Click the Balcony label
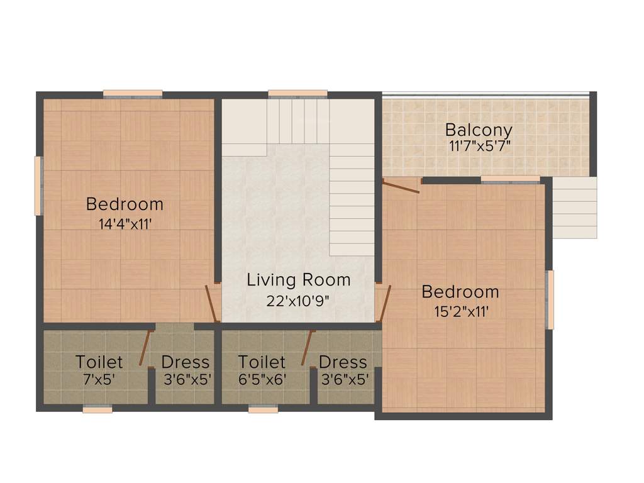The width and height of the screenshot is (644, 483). pos(479,130)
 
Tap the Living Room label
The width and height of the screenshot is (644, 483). pos(298,280)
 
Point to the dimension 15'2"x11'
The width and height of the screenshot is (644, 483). pos(460,311)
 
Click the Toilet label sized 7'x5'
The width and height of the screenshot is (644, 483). pos(99,362)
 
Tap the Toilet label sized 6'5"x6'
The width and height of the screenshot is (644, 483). pos(262,362)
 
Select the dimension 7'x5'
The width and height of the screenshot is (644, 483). pos(99,379)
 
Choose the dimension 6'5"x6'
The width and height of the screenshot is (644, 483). pos(262,379)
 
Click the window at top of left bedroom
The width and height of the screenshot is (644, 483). pos(133,94)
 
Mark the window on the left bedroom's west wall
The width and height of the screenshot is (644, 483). pos(38,186)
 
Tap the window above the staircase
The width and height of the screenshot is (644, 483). pos(297,94)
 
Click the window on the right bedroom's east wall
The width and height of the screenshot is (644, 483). pos(550,299)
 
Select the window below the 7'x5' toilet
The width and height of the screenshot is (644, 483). pos(97,409)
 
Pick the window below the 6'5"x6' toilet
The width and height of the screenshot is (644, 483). pos(263,409)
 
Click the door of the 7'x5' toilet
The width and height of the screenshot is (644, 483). pos(145,346)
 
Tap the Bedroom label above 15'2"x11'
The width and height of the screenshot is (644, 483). pos(460,292)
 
